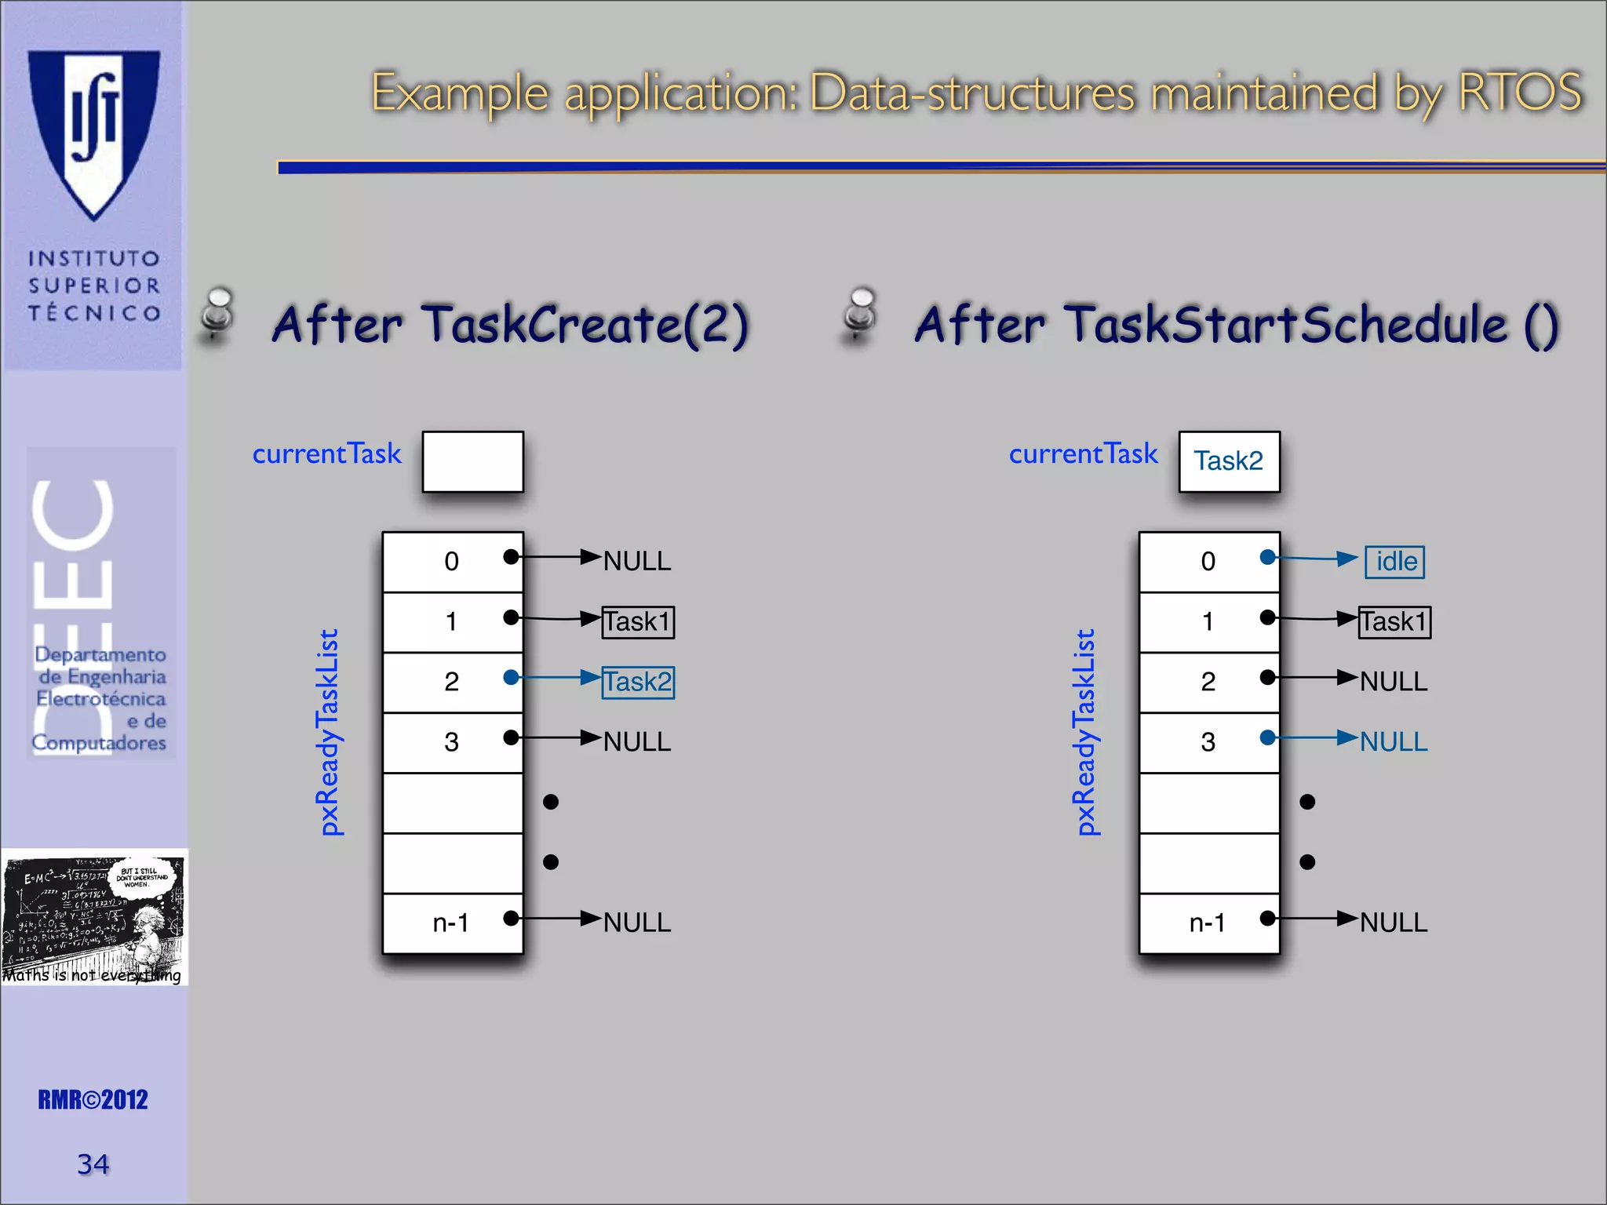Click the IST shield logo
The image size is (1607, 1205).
(94, 133)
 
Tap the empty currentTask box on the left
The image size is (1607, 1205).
(472, 461)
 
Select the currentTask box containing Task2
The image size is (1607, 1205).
(1229, 461)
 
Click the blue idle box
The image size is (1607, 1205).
(1394, 562)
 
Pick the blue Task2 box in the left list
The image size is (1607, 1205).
(638, 682)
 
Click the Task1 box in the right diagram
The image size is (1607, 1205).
(1394, 622)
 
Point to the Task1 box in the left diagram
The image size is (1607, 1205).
(638, 622)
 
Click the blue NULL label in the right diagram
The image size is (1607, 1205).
(1394, 741)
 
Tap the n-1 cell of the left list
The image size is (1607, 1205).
(452, 923)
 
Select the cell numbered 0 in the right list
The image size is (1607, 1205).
(1208, 562)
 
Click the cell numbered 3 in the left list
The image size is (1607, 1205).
(452, 742)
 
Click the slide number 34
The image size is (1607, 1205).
(93, 1164)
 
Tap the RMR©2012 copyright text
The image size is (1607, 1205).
(93, 1100)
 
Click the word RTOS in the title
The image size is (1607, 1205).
(1519, 93)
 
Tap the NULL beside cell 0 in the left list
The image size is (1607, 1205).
(637, 562)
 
